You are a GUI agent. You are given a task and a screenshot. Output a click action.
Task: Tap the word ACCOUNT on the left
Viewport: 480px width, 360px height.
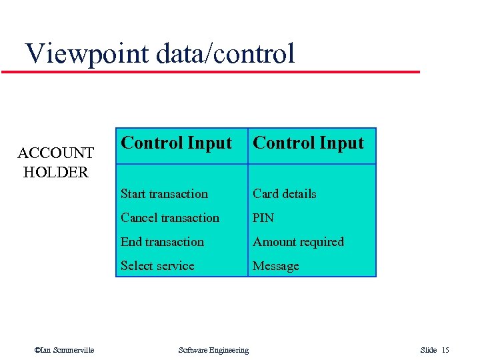pos(55,154)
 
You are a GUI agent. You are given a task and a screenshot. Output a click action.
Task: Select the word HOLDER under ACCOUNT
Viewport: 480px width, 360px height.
pos(55,172)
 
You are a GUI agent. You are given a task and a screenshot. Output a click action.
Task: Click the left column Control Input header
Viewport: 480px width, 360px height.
pos(176,143)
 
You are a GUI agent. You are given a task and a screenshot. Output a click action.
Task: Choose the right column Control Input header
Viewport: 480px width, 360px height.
pos(308,143)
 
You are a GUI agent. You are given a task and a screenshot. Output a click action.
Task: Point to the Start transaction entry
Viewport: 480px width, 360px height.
pos(164,194)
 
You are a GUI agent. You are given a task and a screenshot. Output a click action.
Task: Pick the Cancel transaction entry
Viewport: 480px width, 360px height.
pos(169,218)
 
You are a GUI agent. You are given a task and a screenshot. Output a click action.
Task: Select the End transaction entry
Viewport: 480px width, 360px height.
pos(162,242)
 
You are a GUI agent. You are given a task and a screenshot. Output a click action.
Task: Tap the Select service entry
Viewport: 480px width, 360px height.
pos(157,266)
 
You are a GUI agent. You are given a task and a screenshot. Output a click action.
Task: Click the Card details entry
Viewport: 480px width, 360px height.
pos(284,194)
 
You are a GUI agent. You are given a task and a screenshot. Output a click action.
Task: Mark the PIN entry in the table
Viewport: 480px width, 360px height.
pos(263,218)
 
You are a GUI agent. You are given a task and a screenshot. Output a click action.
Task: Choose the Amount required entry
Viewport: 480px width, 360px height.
pos(298,242)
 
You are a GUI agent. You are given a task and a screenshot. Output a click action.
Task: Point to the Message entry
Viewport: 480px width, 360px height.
pos(275,266)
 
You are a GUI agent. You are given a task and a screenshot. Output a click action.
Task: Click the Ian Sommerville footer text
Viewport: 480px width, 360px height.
pos(67,350)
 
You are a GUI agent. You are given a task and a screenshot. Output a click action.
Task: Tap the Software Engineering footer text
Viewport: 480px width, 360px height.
pos(213,350)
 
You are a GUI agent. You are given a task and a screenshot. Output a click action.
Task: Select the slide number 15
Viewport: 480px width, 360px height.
pos(445,350)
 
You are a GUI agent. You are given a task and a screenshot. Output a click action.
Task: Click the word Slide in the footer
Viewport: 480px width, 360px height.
pos(428,350)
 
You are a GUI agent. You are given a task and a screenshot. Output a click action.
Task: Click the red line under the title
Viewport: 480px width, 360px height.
pos(211,71)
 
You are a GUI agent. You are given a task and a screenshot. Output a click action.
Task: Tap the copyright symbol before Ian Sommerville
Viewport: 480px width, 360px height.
pos(37,350)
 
